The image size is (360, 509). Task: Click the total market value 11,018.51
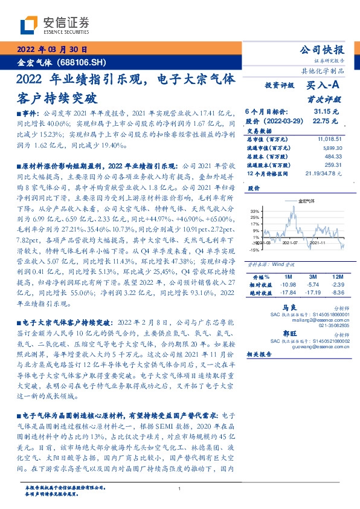329,139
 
